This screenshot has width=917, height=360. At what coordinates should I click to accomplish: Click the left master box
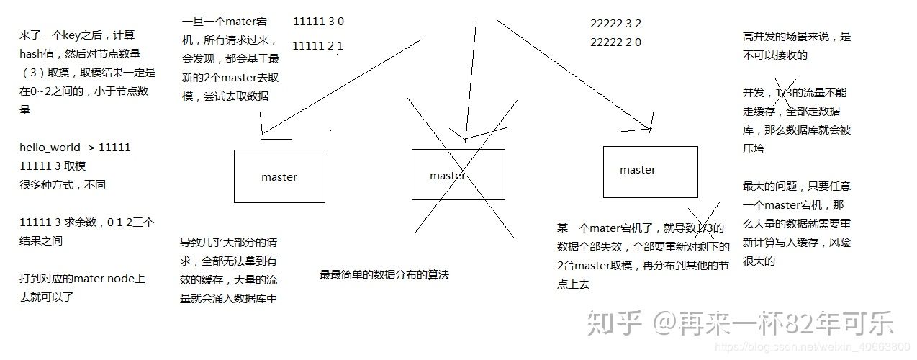(x=279, y=176)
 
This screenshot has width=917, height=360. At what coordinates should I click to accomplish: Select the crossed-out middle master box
(x=458, y=175)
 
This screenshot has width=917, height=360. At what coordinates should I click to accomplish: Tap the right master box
(x=650, y=171)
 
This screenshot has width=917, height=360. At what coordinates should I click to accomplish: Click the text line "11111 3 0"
(x=318, y=22)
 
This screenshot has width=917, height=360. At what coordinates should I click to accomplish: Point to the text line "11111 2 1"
(x=318, y=46)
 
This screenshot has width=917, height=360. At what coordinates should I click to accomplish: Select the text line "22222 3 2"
(x=615, y=23)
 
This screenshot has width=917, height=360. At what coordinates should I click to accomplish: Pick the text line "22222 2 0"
(x=615, y=42)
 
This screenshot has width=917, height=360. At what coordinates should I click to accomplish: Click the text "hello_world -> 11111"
(x=75, y=148)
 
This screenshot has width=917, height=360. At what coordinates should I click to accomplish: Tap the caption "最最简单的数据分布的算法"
(x=384, y=275)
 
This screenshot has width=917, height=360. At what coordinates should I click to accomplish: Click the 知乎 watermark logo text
(x=613, y=323)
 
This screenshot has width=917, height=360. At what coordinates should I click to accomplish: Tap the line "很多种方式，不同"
(x=63, y=185)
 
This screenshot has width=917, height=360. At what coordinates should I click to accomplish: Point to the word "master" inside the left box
(x=279, y=176)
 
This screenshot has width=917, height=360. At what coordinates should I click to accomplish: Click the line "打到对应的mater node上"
(x=82, y=279)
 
